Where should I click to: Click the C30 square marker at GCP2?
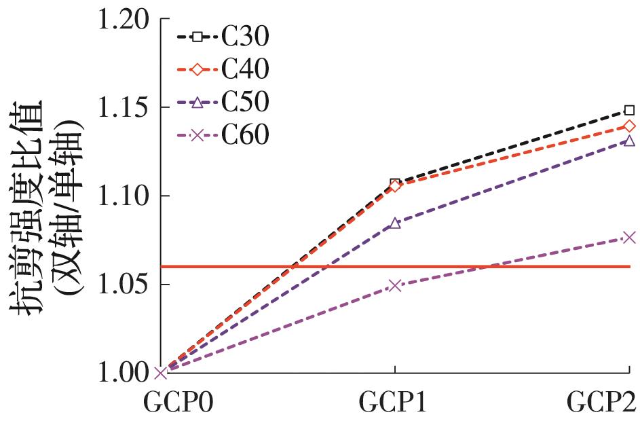click(x=629, y=110)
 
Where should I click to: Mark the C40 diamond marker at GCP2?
click(x=629, y=126)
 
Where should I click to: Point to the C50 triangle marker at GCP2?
click(x=629, y=141)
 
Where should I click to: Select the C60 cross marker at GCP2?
click(x=629, y=237)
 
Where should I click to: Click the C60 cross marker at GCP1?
click(x=395, y=285)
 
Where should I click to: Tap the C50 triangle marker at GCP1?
click(x=395, y=223)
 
